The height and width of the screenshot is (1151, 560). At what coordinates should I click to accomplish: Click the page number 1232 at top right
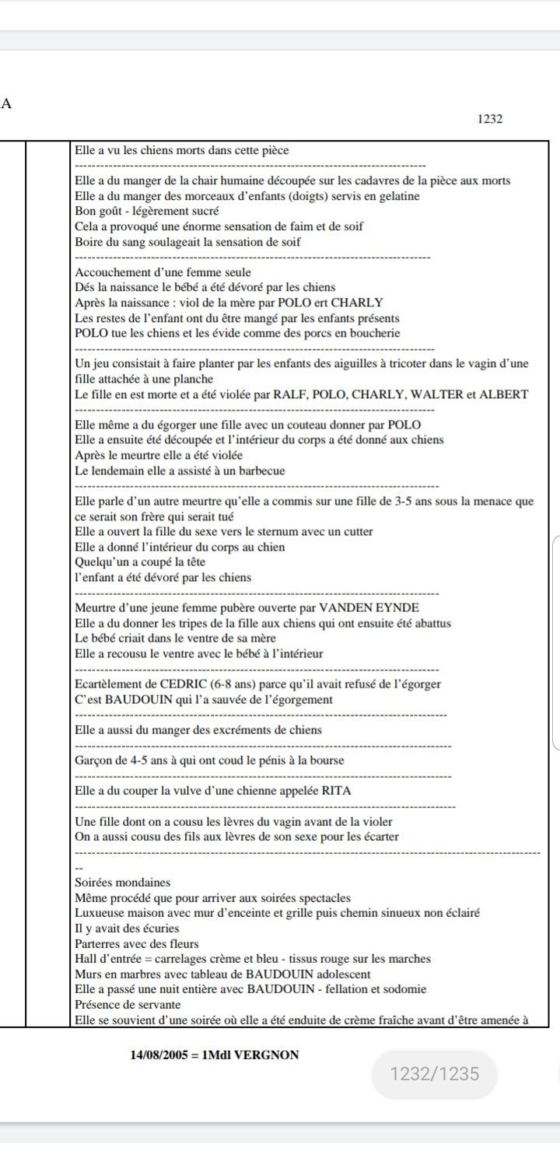pos(489,119)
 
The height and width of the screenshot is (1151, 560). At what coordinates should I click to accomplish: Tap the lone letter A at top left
pos(6,103)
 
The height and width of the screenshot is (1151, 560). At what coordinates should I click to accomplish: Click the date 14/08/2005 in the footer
pos(159,1055)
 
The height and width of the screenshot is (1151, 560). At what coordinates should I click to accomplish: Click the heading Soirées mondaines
pos(122,883)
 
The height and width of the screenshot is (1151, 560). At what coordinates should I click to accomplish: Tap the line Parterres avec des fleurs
pos(126,944)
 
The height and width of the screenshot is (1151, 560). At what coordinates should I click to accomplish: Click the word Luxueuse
pos(99,913)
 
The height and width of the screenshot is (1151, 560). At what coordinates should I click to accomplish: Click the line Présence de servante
pos(117,1005)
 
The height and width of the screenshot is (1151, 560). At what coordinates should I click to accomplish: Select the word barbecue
pos(258,471)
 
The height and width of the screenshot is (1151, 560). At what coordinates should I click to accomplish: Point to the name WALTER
pos(436,394)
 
